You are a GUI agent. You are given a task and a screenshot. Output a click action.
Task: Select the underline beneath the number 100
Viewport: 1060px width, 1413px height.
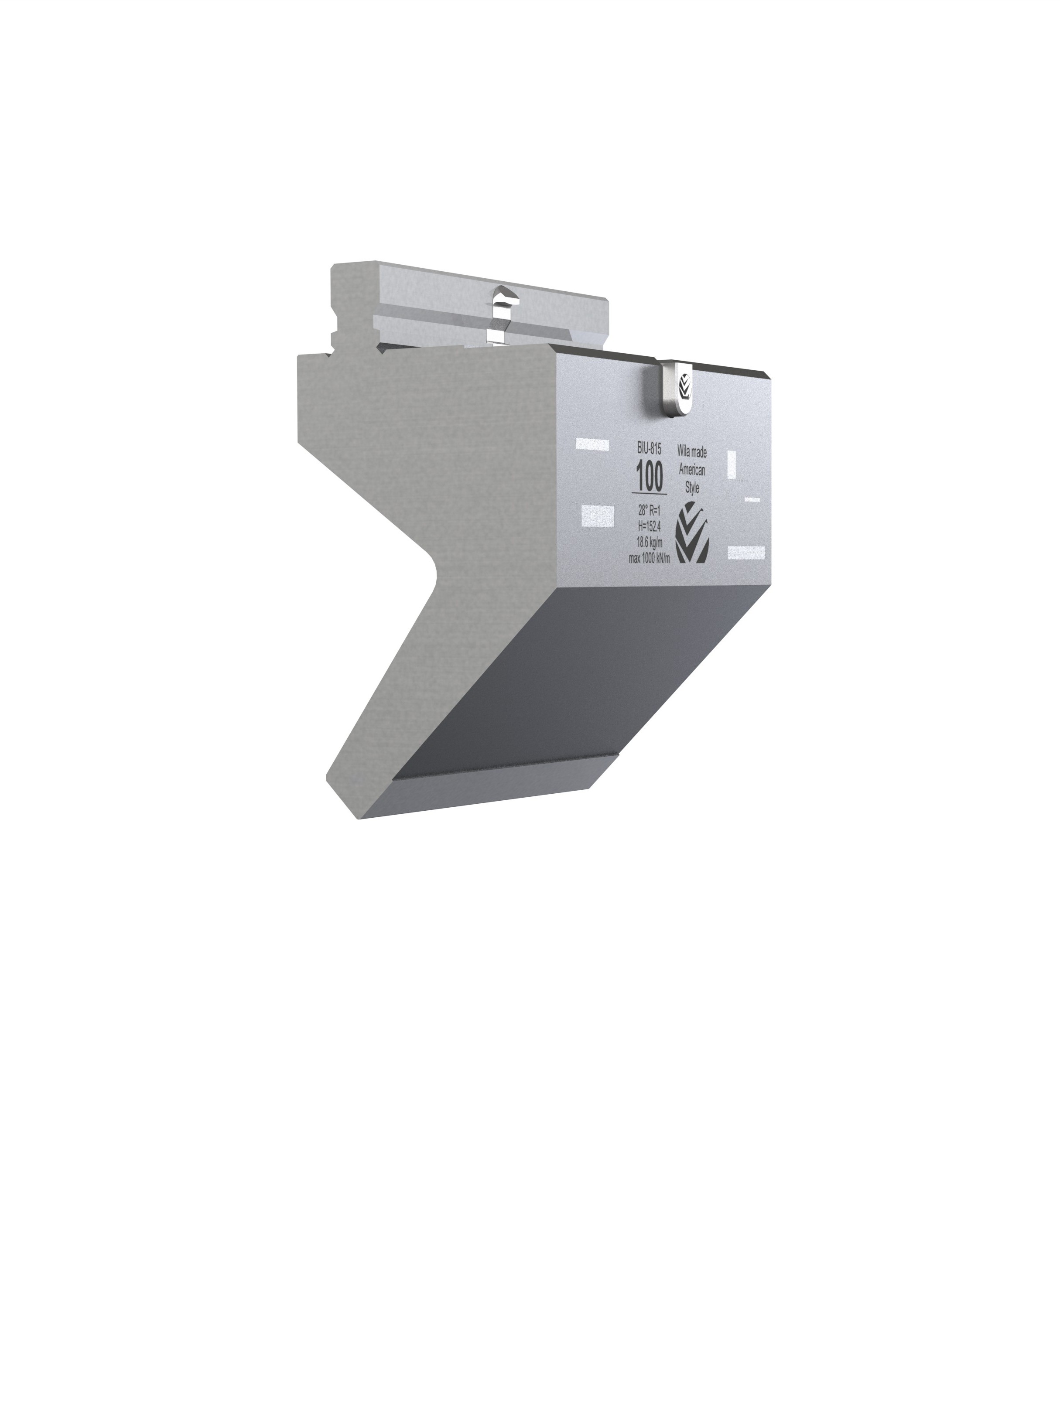pyautogui.click(x=649, y=493)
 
